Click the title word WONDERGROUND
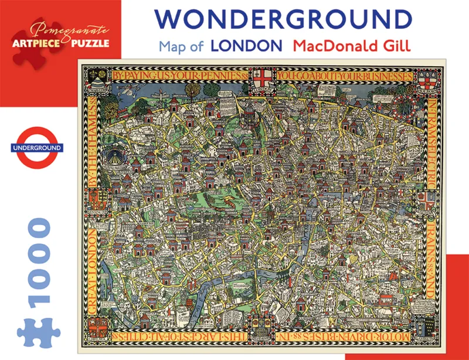(x=285, y=19)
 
